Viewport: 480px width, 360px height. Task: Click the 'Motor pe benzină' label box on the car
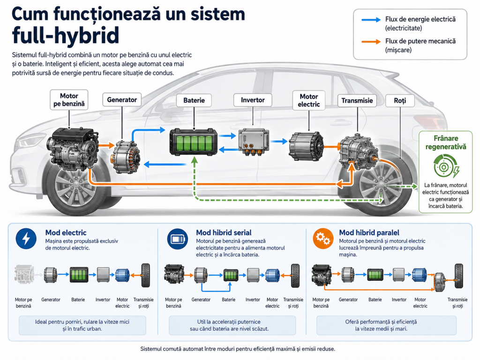69,100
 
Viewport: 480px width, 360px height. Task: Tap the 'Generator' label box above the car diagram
122,100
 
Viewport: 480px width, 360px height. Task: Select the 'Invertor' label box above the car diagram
253,100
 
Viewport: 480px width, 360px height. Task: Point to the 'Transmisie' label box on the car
357,101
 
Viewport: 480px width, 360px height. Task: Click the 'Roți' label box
400,101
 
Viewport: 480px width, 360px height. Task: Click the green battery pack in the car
194,142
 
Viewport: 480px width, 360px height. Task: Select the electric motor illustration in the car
306,146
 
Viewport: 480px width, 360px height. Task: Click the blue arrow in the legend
371,20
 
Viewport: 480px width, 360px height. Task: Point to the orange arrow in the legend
371,42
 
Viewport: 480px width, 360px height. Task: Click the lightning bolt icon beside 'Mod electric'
26,239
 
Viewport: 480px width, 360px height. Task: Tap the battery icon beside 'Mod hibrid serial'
178,239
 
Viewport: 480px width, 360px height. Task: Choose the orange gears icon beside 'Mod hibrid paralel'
323,239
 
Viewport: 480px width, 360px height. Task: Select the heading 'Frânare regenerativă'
446,142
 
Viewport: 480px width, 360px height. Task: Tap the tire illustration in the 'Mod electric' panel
146,275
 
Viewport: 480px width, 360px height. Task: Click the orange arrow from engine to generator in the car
106,145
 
